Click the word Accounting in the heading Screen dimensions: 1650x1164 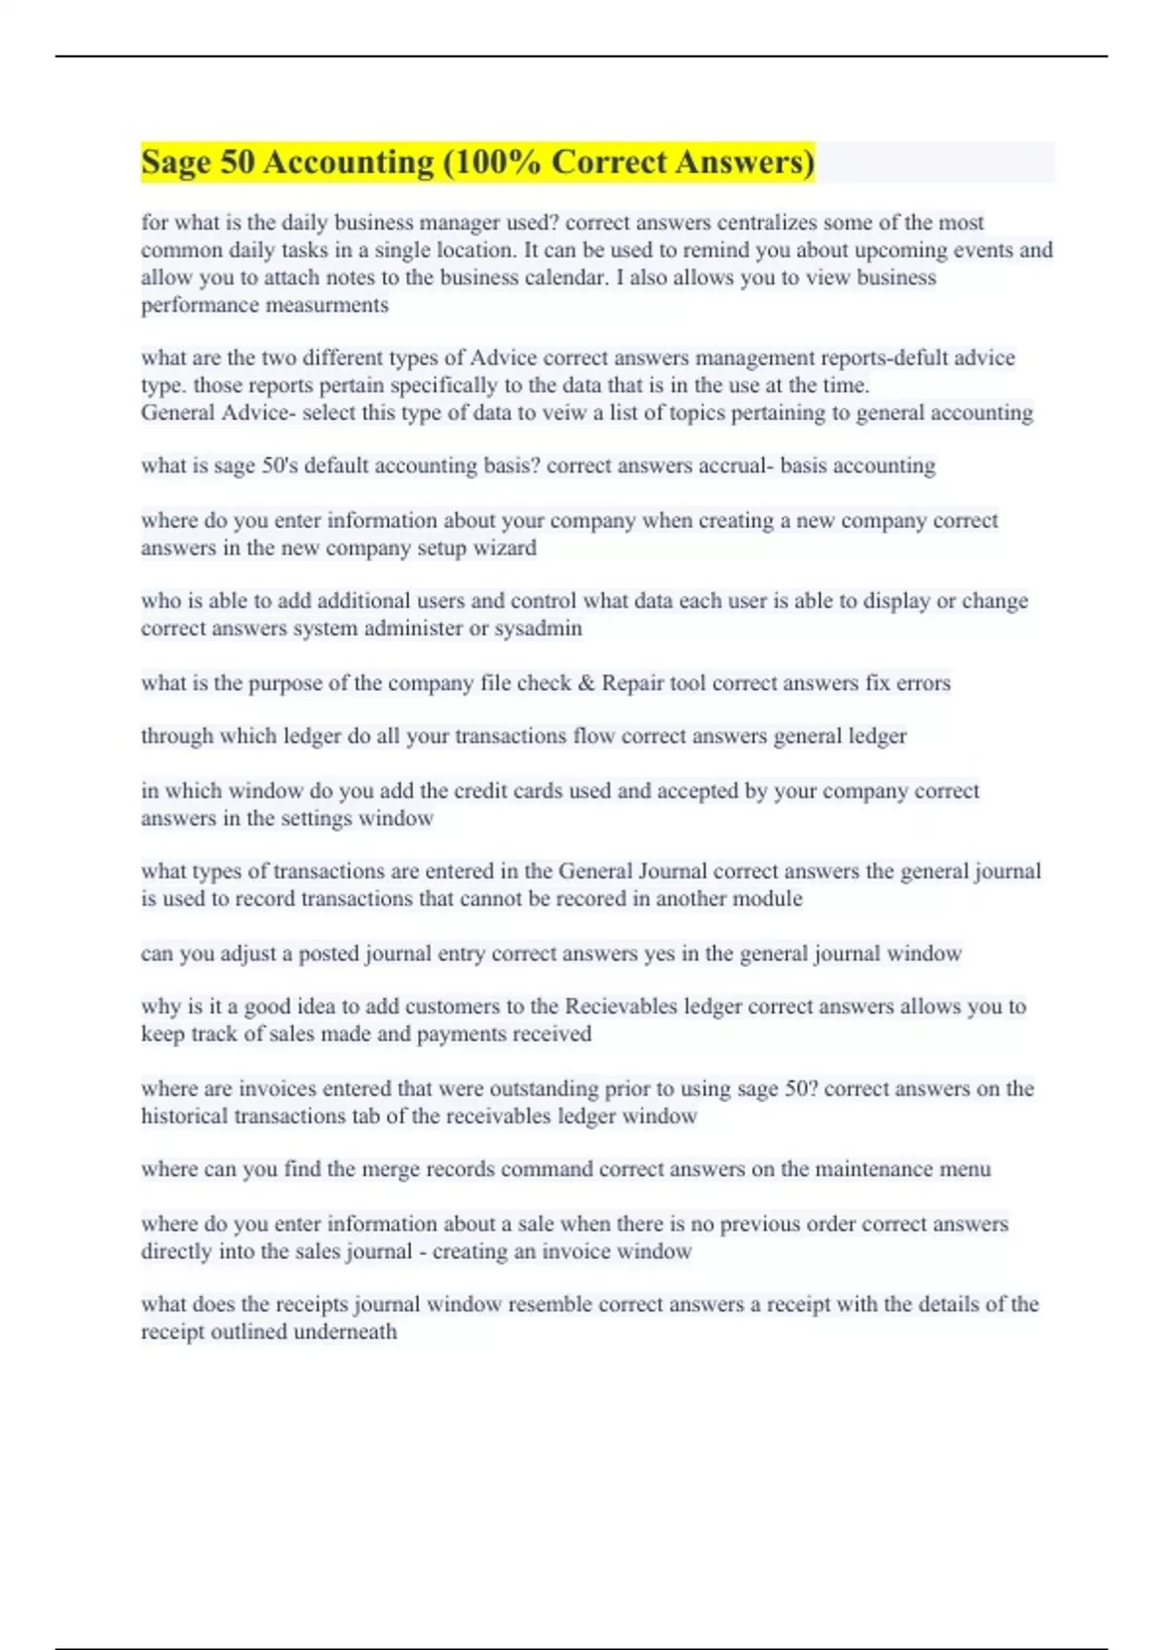point(348,162)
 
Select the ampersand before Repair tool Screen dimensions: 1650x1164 point(586,683)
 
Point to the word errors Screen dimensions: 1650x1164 point(922,683)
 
